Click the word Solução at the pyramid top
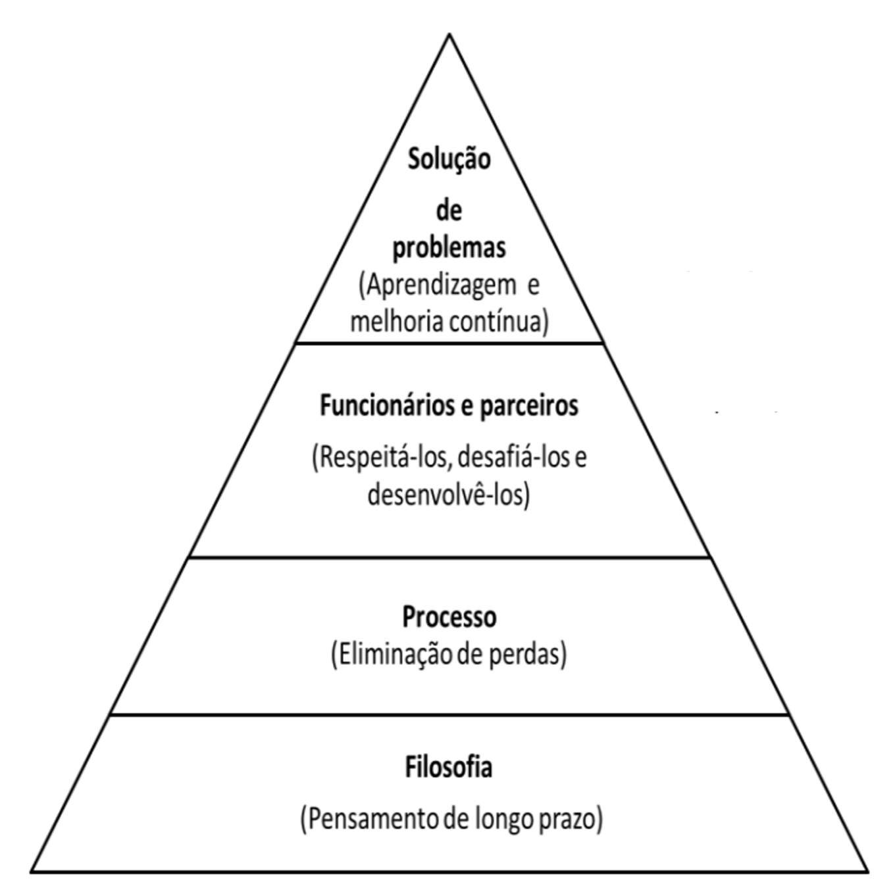tap(449, 159)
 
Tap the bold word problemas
tap(449, 248)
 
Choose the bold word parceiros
tap(528, 405)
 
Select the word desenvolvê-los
tap(447, 494)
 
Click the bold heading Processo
tap(449, 617)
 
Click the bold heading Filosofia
tap(449, 768)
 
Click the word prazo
tap(570, 820)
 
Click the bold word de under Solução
tap(449, 211)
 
